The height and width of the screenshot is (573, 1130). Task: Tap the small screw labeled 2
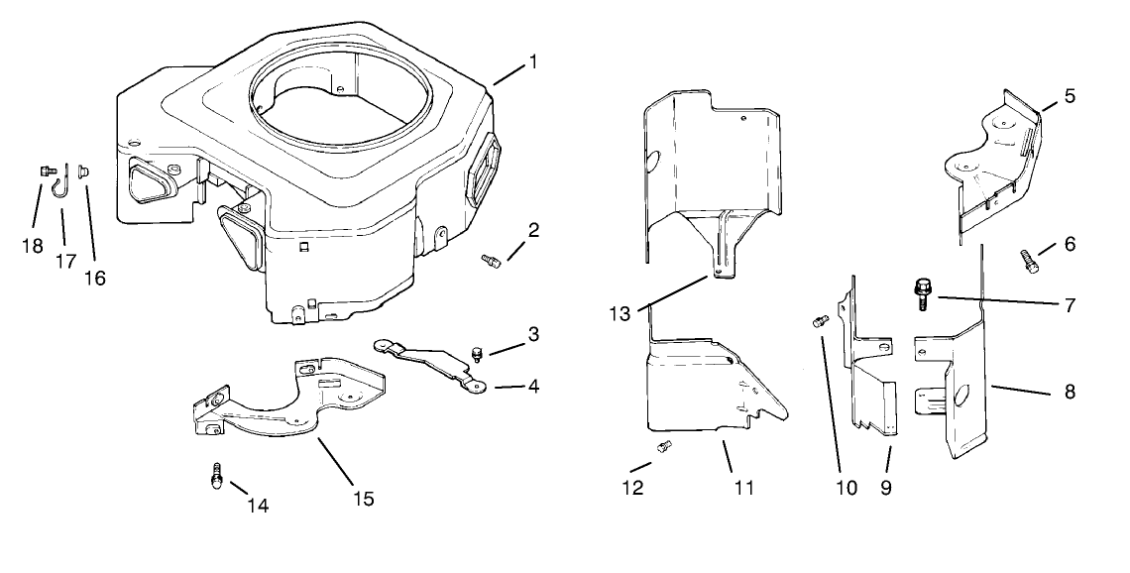[x=489, y=261]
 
